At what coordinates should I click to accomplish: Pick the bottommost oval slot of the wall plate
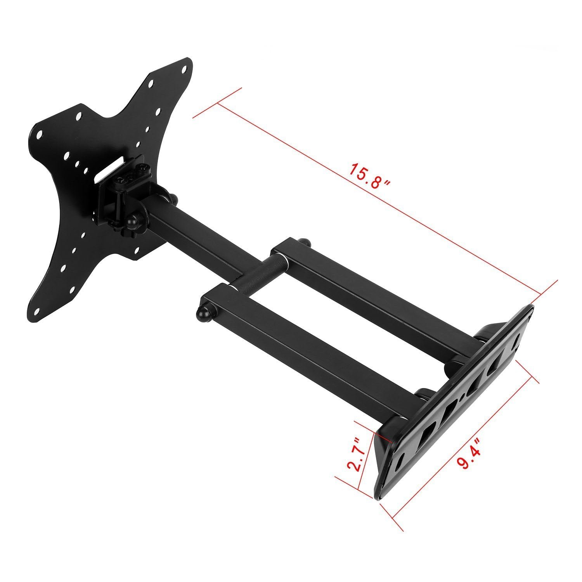click(x=400, y=463)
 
